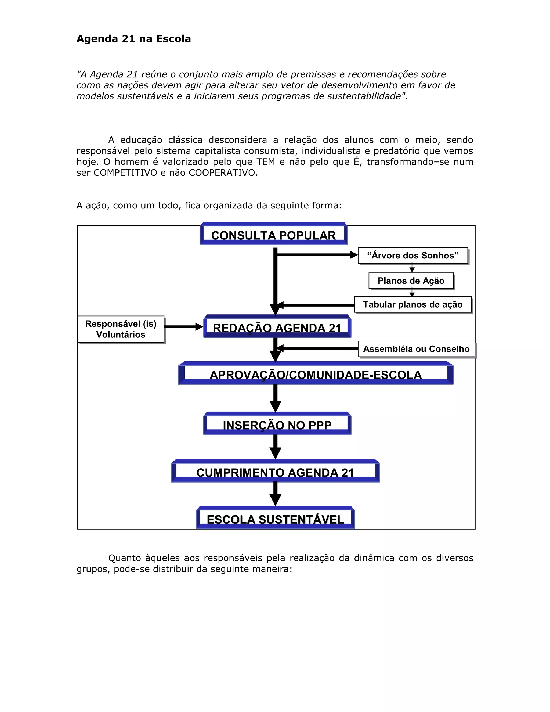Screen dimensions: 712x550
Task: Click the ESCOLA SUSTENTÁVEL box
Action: pos(275,519)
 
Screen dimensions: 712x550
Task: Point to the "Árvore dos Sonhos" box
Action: pos(412,255)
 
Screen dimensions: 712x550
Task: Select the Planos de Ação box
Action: pos(411,281)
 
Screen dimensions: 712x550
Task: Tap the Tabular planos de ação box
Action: pos(412,304)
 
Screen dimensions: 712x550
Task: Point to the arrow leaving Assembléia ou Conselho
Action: pos(318,348)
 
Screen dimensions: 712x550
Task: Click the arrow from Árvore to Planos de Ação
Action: pos(412,267)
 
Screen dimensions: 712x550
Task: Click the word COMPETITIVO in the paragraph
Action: pos(125,173)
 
